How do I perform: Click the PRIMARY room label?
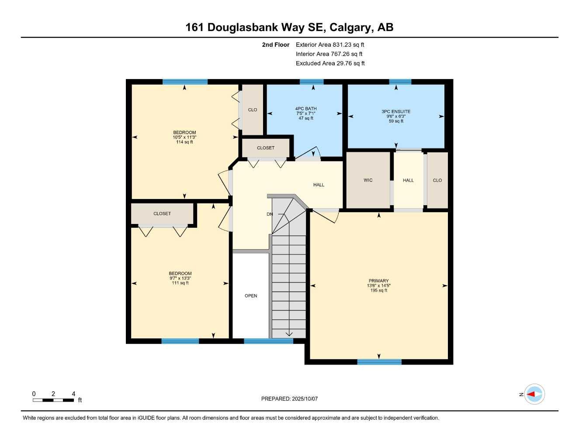point(378,281)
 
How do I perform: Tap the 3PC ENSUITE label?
point(396,111)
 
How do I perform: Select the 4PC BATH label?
point(306,109)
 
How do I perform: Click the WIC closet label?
point(368,180)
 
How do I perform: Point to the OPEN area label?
point(251,296)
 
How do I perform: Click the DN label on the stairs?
point(270,214)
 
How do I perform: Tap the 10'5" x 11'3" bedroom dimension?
point(184,138)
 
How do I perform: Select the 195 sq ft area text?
point(378,291)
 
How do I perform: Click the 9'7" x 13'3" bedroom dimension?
point(180,279)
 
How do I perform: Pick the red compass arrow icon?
point(531,394)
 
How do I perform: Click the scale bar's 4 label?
point(73,394)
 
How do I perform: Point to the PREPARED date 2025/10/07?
point(289,399)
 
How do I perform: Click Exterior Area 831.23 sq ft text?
point(330,45)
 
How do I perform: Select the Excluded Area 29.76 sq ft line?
point(330,63)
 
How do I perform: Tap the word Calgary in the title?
point(350,28)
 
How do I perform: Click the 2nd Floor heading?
point(276,45)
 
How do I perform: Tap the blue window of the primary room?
point(379,362)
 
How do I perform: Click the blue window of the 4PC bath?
point(312,82)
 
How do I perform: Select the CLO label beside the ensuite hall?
point(437,180)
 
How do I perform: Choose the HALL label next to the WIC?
point(408,180)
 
